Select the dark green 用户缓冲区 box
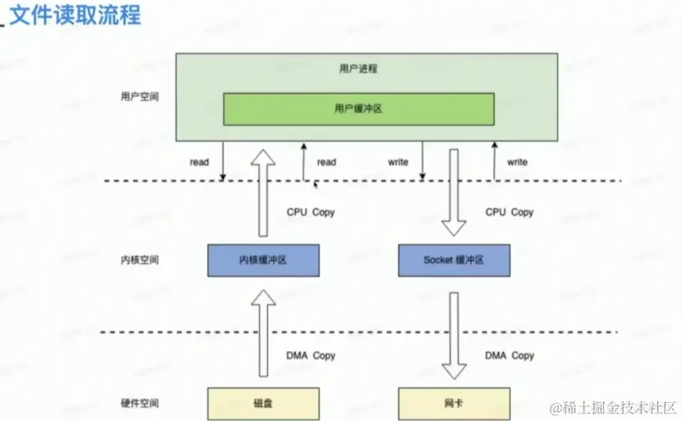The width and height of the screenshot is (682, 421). (x=359, y=109)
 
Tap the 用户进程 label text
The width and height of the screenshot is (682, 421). (x=358, y=69)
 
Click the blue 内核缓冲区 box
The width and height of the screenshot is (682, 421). (x=263, y=260)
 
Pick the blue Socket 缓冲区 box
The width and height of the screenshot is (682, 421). (x=454, y=260)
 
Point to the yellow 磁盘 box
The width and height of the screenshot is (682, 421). (x=263, y=403)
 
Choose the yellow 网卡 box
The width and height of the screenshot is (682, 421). (x=454, y=403)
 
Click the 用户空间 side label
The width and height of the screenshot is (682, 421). (x=140, y=96)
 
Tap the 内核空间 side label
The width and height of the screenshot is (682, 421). (x=140, y=260)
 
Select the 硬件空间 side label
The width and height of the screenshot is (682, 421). (x=140, y=403)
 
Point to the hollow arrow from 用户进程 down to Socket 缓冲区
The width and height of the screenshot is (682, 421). (x=454, y=193)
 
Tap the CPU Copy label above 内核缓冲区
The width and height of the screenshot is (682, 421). (x=311, y=212)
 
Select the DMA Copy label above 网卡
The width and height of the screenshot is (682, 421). (x=509, y=356)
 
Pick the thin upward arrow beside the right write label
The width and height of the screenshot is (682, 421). (x=495, y=160)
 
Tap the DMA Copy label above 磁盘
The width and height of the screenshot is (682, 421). (x=311, y=356)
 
